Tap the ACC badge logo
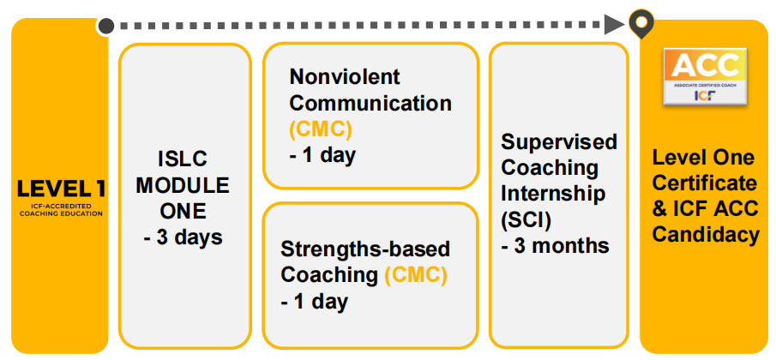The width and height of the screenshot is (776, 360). click(x=705, y=76)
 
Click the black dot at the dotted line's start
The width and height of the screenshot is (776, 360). click(x=106, y=26)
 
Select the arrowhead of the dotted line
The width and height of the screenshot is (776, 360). click(x=615, y=24)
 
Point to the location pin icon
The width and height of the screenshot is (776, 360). click(x=641, y=24)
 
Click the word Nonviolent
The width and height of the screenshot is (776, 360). click(x=345, y=76)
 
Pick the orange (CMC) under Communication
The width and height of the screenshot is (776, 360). click(x=320, y=129)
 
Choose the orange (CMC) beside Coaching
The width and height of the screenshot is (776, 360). click(x=416, y=275)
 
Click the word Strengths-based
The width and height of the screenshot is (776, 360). click(x=365, y=249)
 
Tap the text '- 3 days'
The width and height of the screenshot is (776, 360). click(x=183, y=238)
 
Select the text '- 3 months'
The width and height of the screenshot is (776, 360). click(x=555, y=245)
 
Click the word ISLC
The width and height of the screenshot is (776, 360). click(x=183, y=159)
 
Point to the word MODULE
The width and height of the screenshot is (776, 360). click(x=183, y=186)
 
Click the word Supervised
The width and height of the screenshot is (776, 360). click(x=559, y=142)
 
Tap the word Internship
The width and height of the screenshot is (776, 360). click(x=553, y=194)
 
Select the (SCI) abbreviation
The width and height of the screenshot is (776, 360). click(x=526, y=219)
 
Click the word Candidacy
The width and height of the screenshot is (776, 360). click(x=706, y=234)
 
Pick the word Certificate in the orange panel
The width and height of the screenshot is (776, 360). click(x=704, y=183)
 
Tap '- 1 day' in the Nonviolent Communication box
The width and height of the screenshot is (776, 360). click(x=322, y=155)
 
